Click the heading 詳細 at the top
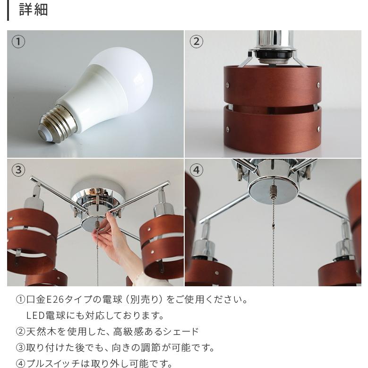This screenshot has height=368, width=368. coord(33,9)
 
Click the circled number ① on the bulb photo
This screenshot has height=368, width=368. coord(18,42)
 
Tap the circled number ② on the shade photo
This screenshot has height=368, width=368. coord(196,42)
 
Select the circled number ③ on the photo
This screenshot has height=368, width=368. coord(18,170)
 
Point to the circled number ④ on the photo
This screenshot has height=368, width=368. coord(196,170)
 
